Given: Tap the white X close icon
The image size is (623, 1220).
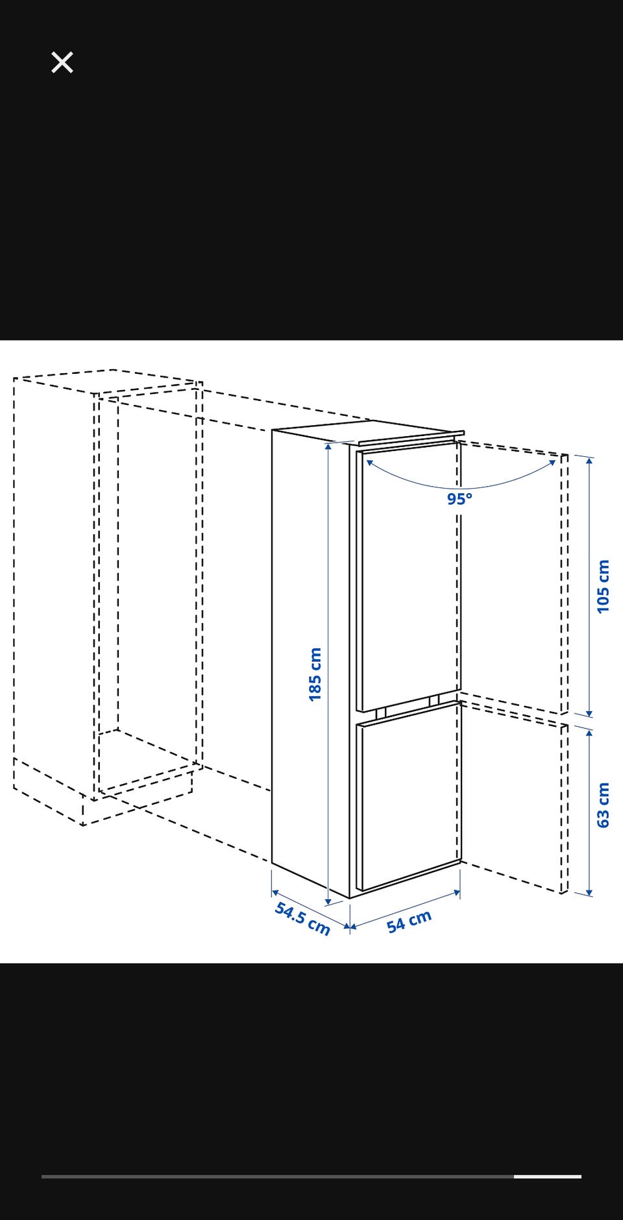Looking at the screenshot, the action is [62, 62].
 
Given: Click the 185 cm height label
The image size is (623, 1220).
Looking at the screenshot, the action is [315, 674].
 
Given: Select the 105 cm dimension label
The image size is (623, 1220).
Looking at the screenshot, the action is [603, 586].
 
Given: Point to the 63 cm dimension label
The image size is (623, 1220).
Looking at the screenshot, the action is [603, 805].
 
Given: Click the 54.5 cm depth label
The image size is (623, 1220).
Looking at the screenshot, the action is [302, 918].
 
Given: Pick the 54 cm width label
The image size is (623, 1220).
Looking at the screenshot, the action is [409, 921].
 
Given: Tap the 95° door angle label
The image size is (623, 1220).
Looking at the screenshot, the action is [459, 499].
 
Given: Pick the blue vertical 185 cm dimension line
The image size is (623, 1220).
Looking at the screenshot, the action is [328, 674].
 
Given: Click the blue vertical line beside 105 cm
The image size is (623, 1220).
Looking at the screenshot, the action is [589, 587].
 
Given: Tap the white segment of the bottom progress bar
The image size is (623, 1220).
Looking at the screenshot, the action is [548, 1176].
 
